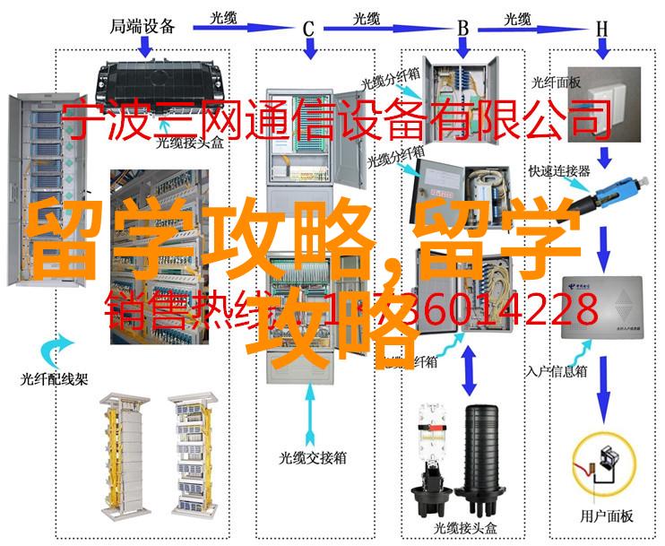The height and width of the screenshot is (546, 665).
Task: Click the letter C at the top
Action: click(x=309, y=29)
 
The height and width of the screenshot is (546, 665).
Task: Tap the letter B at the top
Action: click(x=463, y=29)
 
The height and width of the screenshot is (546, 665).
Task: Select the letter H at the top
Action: click(x=601, y=29)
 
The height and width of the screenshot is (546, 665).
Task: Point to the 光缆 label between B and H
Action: click(x=520, y=18)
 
